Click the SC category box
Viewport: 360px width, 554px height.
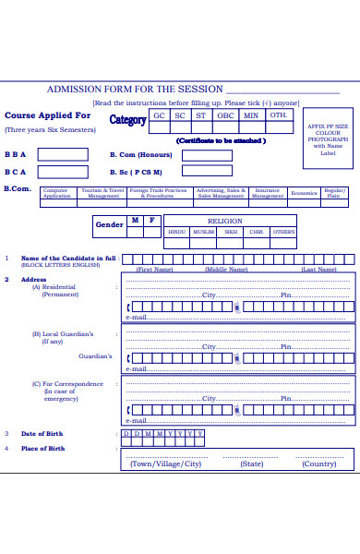(x=180, y=115)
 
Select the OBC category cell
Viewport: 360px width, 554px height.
(x=225, y=115)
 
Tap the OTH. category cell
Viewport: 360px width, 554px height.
(x=278, y=115)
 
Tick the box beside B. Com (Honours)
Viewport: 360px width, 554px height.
(x=207, y=155)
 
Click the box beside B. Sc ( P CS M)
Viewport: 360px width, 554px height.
(x=207, y=172)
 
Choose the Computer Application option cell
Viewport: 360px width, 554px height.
(x=56, y=193)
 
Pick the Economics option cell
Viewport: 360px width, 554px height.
(x=304, y=193)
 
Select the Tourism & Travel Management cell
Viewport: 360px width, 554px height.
(x=103, y=193)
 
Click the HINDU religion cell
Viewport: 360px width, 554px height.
(x=177, y=233)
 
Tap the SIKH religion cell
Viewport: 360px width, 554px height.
(x=231, y=233)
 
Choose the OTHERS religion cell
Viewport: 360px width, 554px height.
(x=284, y=233)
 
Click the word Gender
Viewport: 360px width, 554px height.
(x=109, y=224)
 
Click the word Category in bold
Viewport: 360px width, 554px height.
(x=127, y=119)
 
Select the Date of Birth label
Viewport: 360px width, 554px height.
(x=42, y=433)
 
